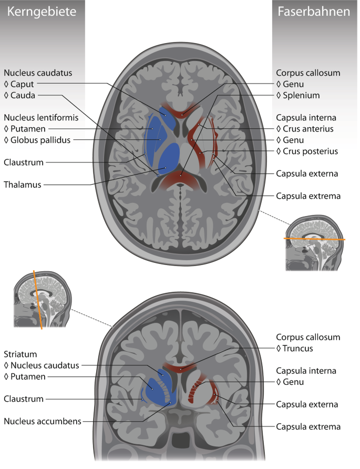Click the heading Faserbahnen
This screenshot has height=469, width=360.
[314, 12]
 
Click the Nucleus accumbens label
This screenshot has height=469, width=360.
[42, 421]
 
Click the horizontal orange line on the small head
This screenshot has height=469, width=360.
[314, 239]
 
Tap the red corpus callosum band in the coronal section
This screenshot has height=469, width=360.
[180, 368]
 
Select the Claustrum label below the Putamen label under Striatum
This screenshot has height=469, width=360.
[24, 399]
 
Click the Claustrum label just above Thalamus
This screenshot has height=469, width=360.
[24, 162]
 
